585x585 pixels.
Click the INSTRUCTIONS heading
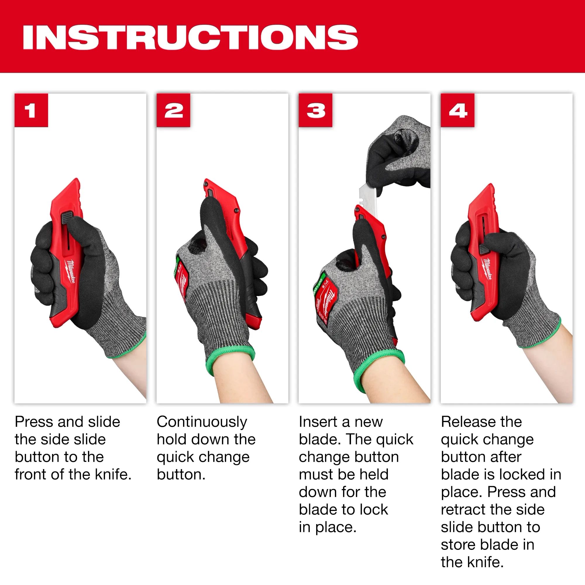(x=190, y=37)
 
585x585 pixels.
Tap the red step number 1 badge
(x=31, y=110)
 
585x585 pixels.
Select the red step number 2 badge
(x=173, y=110)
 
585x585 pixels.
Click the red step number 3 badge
(x=316, y=110)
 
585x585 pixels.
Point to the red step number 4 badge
(x=457, y=110)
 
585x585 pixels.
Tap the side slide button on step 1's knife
(x=67, y=218)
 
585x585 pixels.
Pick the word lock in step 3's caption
(x=374, y=510)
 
